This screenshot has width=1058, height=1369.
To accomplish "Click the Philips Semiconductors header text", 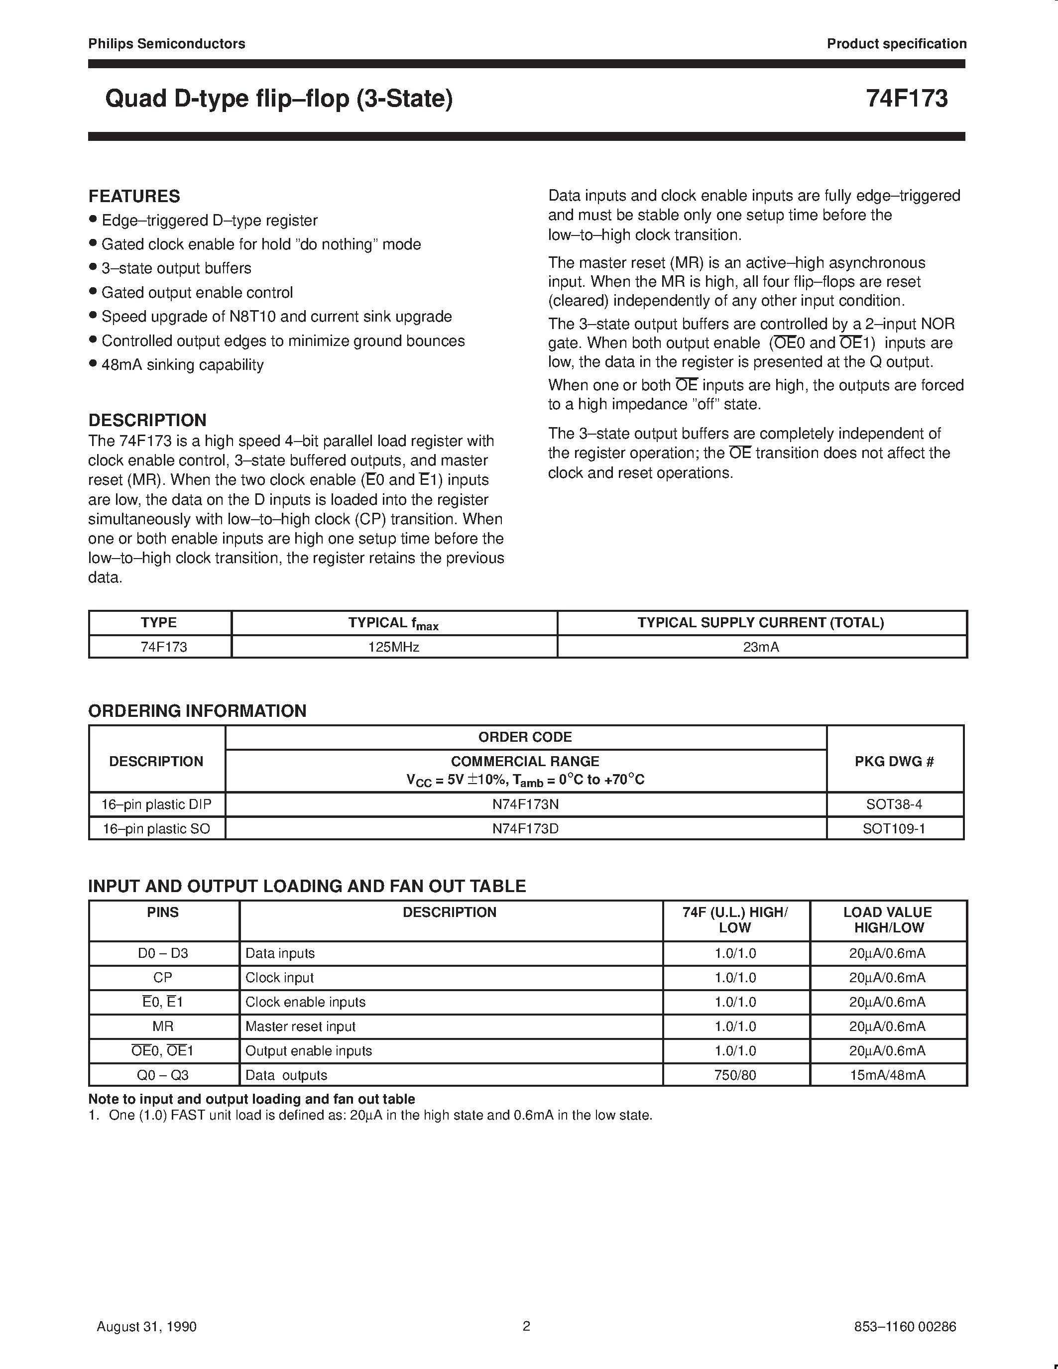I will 167,44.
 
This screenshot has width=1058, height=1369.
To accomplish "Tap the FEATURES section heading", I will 134,196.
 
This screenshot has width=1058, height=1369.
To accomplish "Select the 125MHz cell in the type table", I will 394,647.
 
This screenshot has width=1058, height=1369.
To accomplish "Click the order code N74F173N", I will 525,804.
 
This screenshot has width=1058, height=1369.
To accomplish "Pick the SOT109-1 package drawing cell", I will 894,829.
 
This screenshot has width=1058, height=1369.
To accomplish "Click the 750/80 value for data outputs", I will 735,1075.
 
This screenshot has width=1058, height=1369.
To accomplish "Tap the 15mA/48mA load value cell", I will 888,1075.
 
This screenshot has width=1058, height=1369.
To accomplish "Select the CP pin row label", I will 163,977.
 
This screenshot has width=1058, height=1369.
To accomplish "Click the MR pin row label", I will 163,1026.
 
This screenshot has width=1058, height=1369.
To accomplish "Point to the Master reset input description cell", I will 300,1026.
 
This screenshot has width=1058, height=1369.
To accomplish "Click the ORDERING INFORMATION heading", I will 198,711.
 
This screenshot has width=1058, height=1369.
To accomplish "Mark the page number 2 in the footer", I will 526,1326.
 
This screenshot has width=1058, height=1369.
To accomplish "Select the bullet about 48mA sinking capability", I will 182,365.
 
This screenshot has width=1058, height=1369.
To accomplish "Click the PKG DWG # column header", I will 894,761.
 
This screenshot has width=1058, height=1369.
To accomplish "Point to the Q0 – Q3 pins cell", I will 163,1075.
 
